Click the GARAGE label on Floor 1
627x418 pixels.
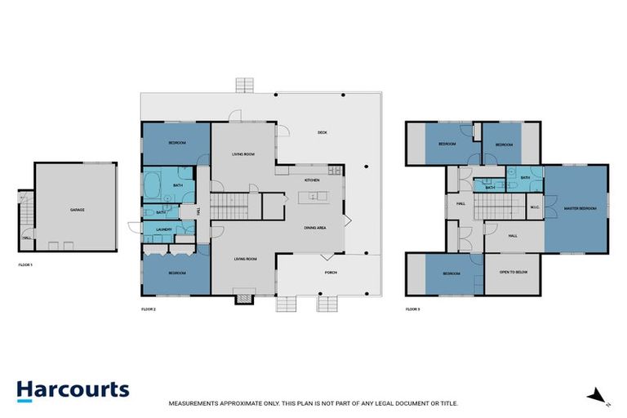[x=78, y=210]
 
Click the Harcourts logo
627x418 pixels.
[x=73, y=389]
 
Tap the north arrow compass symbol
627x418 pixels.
[x=597, y=397]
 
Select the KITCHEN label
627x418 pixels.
[x=311, y=180]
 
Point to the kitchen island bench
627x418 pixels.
[x=312, y=198]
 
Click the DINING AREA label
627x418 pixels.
[x=315, y=228]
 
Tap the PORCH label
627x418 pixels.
[x=331, y=273]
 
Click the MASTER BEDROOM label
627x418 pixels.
[x=580, y=209]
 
